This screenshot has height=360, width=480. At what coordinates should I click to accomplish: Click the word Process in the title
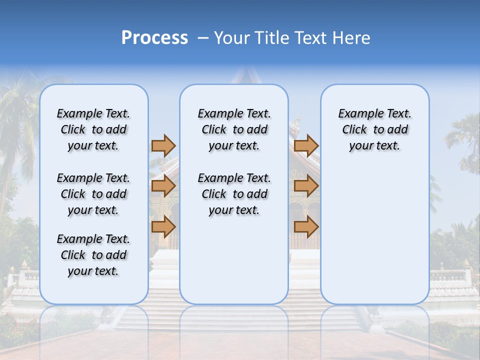[x=154, y=38]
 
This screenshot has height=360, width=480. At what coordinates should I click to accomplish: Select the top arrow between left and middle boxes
[x=163, y=145]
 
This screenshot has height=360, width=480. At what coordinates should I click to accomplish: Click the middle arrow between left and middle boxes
[x=163, y=186]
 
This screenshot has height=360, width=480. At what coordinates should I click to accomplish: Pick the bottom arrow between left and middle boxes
[x=163, y=226]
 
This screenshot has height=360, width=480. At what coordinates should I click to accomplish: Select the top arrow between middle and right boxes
[x=306, y=145]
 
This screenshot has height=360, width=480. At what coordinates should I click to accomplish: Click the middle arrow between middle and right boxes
[x=306, y=186]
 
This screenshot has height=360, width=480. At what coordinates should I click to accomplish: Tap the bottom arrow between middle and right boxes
[x=306, y=226]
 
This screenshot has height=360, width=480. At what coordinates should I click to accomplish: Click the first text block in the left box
[x=93, y=129]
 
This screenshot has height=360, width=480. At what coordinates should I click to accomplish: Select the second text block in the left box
[x=93, y=194]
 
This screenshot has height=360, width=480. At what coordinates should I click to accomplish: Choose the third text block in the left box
[x=93, y=255]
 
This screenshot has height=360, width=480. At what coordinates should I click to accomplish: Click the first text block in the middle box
[x=234, y=129]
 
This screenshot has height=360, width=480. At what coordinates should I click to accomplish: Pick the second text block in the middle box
[x=234, y=194]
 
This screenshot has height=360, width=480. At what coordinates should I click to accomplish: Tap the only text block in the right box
[x=374, y=129]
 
